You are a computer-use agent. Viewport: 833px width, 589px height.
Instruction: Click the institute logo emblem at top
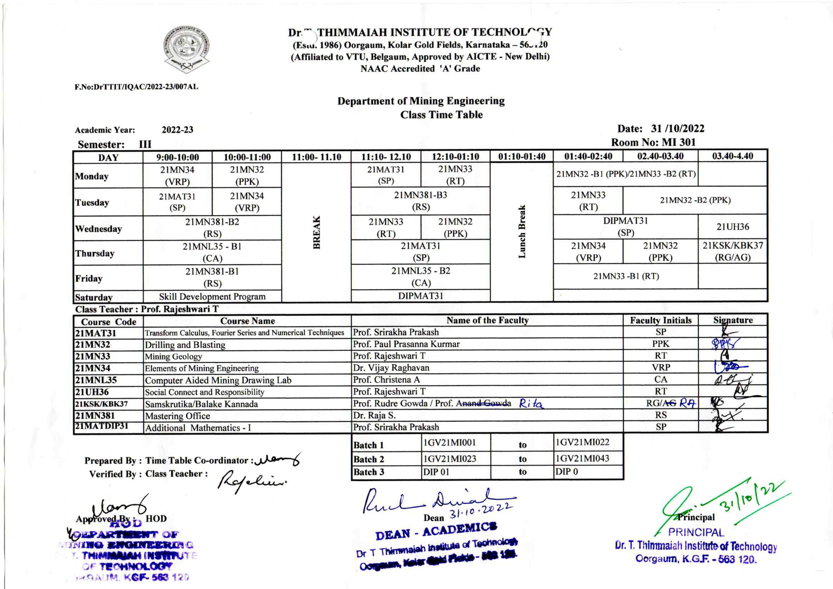pyautogui.click(x=186, y=49)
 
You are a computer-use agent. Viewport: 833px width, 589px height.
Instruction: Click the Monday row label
pyautogui.click(x=92, y=176)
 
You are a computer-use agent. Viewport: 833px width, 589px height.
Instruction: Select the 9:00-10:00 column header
pyautogui.click(x=177, y=157)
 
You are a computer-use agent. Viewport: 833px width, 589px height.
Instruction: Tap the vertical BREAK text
pyautogui.click(x=317, y=232)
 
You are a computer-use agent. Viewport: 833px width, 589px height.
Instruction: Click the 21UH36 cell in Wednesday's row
pyautogui.click(x=733, y=227)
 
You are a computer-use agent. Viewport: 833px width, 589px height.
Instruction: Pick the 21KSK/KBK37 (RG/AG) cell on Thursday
pyautogui.click(x=733, y=251)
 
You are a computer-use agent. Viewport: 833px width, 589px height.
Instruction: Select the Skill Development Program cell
pyautogui.click(x=212, y=296)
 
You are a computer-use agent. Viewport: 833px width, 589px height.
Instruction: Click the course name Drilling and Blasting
pyautogui.click(x=185, y=345)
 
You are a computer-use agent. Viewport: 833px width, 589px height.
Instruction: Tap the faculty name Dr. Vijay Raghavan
pyautogui.click(x=391, y=368)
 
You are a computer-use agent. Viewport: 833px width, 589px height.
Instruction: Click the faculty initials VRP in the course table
pyautogui.click(x=661, y=368)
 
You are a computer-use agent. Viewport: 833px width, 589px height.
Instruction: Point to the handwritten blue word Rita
pyautogui.click(x=531, y=403)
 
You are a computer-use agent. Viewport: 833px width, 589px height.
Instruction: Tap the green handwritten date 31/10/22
pyautogui.click(x=754, y=497)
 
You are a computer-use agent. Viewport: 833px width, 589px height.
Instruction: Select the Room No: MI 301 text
pyautogui.click(x=653, y=142)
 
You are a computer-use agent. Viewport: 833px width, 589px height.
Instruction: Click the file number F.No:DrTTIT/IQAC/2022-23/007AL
pyautogui.click(x=136, y=87)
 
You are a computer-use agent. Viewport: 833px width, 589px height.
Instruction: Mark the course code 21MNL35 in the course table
pyautogui.click(x=96, y=380)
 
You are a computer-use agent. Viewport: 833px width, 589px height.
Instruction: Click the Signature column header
pyautogui.click(x=733, y=320)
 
